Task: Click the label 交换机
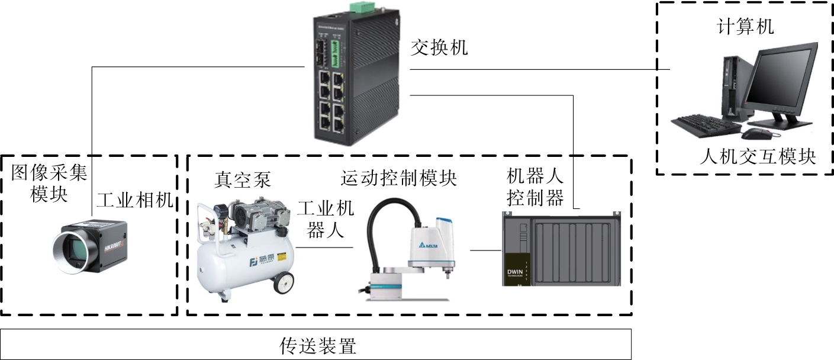[x=439, y=47]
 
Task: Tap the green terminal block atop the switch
[x=359, y=8]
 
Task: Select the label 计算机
[x=745, y=27]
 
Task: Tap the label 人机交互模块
[x=757, y=157]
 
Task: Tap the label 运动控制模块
[x=399, y=178]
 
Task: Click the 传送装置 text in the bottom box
[x=318, y=345]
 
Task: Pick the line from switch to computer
[x=539, y=69]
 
